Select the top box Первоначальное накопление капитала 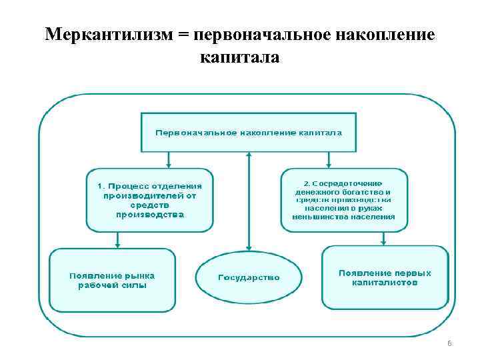[248, 132]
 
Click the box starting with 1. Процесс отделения [150, 200]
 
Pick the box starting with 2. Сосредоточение [344, 200]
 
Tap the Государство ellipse [249, 277]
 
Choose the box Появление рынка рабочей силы [112, 279]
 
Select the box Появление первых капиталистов [385, 277]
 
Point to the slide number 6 [449, 343]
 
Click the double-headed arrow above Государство [249, 200]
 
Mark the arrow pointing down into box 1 [169, 160]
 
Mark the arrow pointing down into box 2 [328, 160]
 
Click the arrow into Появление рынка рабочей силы [118, 240]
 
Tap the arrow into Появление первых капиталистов [384, 239]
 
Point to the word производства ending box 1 [150, 215]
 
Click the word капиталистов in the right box [385, 283]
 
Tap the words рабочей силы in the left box [112, 285]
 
